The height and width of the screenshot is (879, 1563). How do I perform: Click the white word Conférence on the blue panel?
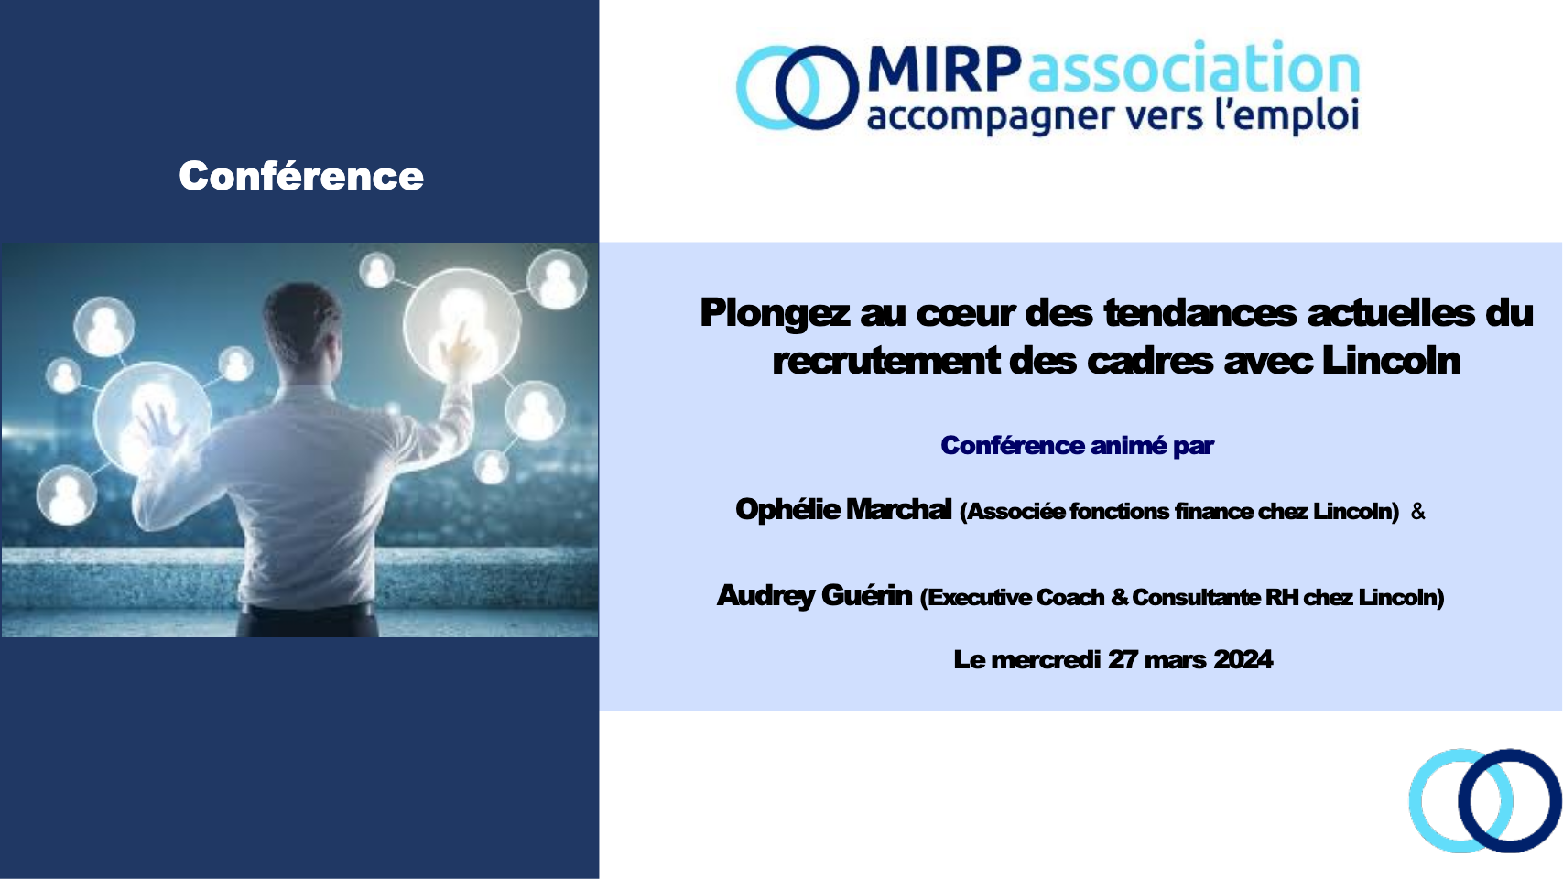click(x=301, y=176)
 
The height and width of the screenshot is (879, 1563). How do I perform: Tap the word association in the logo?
click(x=1194, y=70)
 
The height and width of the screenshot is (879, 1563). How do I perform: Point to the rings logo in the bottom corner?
click(x=1484, y=801)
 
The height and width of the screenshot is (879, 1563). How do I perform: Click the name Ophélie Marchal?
click(x=843, y=509)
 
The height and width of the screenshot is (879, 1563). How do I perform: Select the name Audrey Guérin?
click(x=814, y=595)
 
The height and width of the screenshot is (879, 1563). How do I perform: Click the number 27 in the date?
click(x=1123, y=659)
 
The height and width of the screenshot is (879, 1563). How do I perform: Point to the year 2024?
click(x=1243, y=659)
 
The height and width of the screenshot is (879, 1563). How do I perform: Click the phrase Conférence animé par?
click(x=1077, y=446)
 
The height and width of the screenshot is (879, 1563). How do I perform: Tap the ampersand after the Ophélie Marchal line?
click(x=1418, y=511)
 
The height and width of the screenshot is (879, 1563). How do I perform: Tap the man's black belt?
click(x=308, y=609)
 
